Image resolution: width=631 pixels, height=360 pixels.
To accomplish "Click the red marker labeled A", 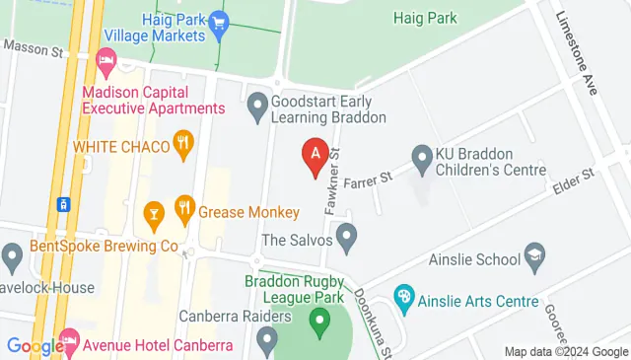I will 315,155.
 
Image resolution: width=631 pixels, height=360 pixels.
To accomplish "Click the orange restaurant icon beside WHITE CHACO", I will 181,144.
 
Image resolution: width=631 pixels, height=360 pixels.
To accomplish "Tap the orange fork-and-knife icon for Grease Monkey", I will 183,208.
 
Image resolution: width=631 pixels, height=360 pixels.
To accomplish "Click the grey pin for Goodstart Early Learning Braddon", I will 257,103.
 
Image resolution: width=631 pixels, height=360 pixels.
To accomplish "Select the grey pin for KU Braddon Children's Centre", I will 422,156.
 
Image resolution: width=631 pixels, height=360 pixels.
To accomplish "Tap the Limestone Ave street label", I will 577,54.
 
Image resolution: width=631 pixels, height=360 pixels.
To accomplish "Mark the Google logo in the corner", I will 35,346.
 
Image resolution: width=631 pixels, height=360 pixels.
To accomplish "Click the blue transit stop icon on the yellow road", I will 63,204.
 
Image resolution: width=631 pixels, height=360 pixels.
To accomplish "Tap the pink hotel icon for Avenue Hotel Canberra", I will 69,343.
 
